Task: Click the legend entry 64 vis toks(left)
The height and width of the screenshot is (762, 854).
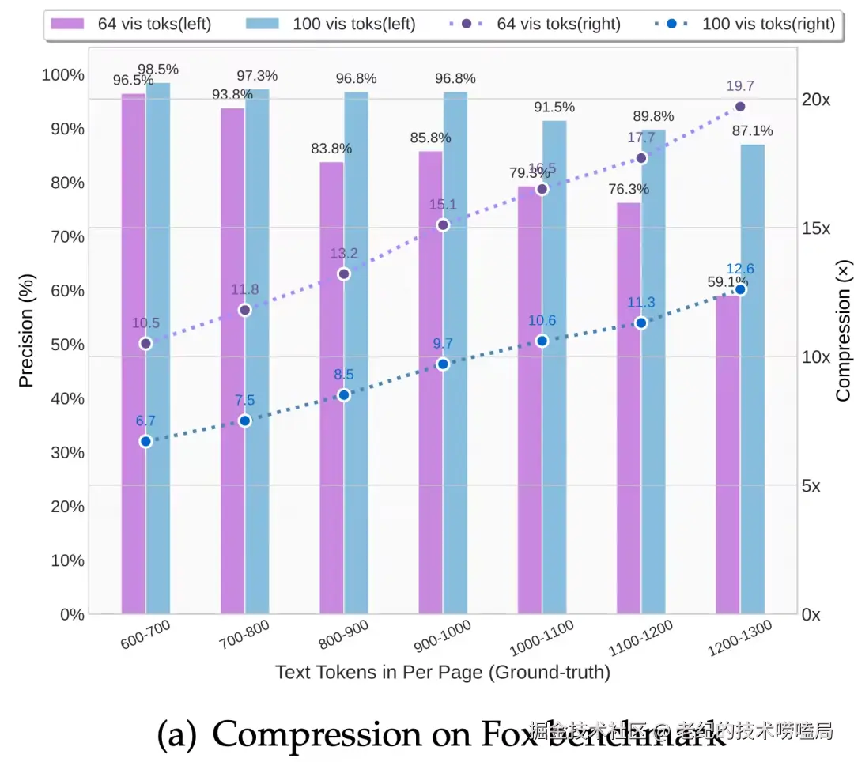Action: click(x=131, y=24)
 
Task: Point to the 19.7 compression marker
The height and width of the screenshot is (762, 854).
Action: click(x=740, y=107)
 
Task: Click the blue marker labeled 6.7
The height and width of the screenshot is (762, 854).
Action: click(x=145, y=442)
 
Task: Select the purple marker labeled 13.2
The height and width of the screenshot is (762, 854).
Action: click(x=344, y=274)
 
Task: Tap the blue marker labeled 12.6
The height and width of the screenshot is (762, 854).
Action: click(x=740, y=290)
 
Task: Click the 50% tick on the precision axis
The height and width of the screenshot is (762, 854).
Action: click(x=62, y=345)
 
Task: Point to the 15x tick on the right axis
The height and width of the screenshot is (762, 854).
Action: click(x=816, y=228)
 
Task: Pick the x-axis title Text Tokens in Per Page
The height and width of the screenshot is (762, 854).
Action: click(x=443, y=673)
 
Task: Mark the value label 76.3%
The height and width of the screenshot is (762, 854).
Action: click(x=629, y=190)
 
